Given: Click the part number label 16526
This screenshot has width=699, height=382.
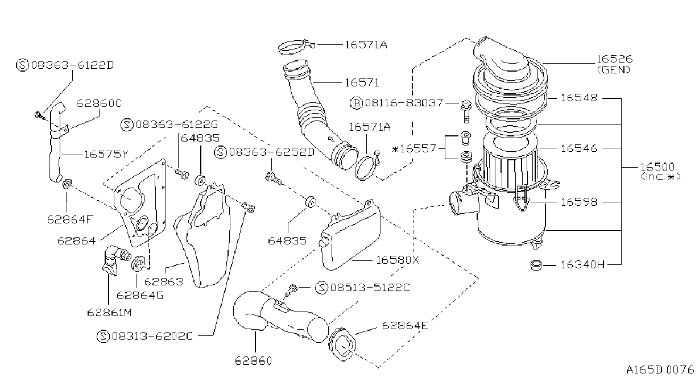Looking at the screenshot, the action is pyautogui.click(x=614, y=59).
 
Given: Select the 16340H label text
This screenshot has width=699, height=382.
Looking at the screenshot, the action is pyautogui.click(x=582, y=265).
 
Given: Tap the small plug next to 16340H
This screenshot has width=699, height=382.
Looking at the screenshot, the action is pyautogui.click(x=536, y=265).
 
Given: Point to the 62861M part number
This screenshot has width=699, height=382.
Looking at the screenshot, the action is pyautogui.click(x=109, y=312).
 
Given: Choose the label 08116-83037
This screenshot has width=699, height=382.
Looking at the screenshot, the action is pyautogui.click(x=404, y=102).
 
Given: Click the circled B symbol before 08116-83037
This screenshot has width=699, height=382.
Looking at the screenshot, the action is pyautogui.click(x=356, y=103).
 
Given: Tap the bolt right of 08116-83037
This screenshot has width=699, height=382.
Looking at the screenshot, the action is pyautogui.click(x=466, y=111).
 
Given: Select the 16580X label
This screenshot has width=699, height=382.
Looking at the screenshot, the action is pyautogui.click(x=398, y=260).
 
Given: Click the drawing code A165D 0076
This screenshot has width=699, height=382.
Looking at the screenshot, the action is pyautogui.click(x=660, y=370).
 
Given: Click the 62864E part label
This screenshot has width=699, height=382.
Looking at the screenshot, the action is pyautogui.click(x=405, y=326).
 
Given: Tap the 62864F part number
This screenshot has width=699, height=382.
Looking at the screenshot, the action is pyautogui.click(x=70, y=219).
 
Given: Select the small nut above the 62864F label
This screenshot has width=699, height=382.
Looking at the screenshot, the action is pyautogui.click(x=67, y=184).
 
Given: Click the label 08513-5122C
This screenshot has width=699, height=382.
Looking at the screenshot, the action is pyautogui.click(x=370, y=287).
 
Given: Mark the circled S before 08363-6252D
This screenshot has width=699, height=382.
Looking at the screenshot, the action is pyautogui.click(x=221, y=152).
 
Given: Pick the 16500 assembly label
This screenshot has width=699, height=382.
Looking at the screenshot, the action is pyautogui.click(x=657, y=167).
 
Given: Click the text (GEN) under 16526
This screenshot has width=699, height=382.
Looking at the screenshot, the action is pyautogui.click(x=614, y=69).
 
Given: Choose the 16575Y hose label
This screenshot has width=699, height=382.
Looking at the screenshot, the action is pyautogui.click(x=106, y=155).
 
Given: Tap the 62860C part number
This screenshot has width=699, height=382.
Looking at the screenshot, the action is pyautogui.click(x=99, y=103).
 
